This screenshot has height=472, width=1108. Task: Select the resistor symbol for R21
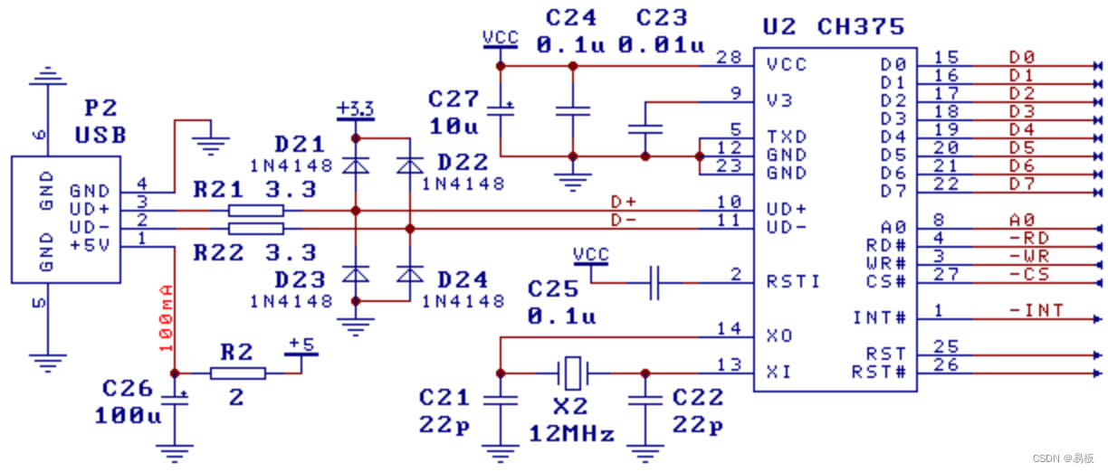coord(256,211)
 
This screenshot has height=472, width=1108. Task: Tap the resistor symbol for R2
coord(237,373)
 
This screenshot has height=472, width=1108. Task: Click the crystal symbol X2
coord(571,372)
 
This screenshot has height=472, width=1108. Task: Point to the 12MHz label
coord(571,434)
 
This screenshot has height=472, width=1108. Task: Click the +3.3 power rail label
coord(355,110)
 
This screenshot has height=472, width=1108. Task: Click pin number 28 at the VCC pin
coord(728,57)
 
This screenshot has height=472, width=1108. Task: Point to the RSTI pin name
coord(793,281)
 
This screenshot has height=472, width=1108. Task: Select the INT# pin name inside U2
coord(879,317)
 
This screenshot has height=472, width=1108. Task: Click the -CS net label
coord(1028,274)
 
